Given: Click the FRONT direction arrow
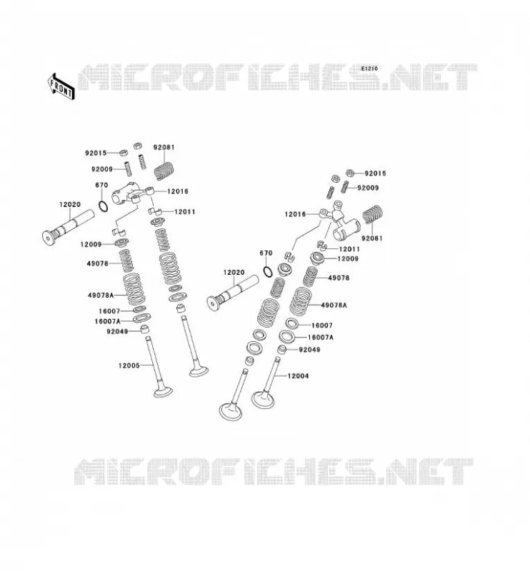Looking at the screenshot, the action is (61, 86).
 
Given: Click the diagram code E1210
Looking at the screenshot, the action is (369, 69).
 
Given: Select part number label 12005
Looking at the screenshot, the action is (129, 365).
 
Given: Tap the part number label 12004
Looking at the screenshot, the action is (298, 376).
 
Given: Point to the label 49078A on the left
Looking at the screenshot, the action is (101, 295).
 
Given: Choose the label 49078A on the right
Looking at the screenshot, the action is (334, 305).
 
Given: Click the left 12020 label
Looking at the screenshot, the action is (69, 205).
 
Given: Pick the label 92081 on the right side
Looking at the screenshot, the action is (372, 238).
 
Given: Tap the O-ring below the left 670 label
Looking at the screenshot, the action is (104, 206).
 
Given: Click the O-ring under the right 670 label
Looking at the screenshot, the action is (268, 271).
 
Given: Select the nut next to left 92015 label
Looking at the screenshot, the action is (123, 152).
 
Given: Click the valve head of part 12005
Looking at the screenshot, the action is (163, 392).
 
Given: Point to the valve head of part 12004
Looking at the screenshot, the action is (263, 400).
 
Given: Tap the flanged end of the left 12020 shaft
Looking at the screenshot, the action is (48, 238).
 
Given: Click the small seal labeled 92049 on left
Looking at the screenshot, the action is (146, 329).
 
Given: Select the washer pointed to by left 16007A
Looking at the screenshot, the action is (142, 318).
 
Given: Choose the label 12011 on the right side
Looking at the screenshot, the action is (349, 249).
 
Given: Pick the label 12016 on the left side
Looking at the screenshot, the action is (178, 191).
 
